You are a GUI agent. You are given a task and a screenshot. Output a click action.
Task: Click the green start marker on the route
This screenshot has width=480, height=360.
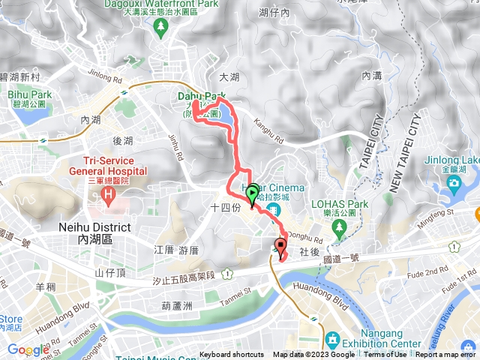click(252, 193)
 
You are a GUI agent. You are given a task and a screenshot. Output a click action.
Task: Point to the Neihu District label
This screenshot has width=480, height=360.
click(94, 232)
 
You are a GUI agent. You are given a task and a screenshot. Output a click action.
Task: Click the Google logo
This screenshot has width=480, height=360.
click(28, 349)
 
